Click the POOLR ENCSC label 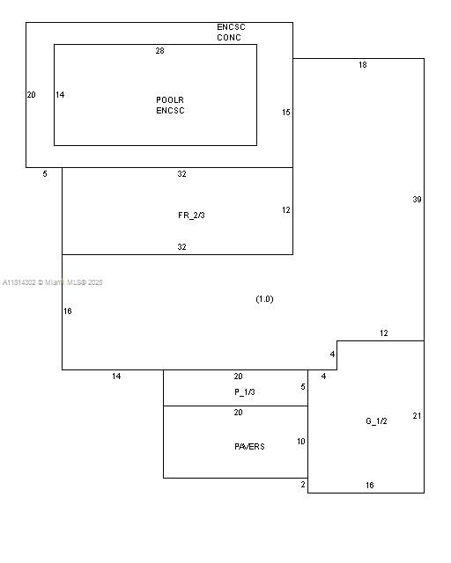[170, 106]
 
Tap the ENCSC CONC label [231, 33]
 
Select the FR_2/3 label [191, 216]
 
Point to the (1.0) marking [265, 299]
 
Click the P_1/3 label [245, 392]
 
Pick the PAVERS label [249, 447]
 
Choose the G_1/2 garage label [376, 421]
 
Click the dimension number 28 [160, 51]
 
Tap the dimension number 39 [417, 200]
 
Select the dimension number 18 [363, 65]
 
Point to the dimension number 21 [417, 416]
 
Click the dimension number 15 [286, 113]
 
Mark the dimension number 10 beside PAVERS [301, 442]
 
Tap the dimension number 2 [303, 485]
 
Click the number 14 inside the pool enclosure [60, 95]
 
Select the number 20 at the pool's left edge [32, 95]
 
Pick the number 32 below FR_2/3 [182, 247]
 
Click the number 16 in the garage [370, 486]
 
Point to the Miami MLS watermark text [53, 282]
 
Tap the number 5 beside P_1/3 [303, 387]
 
